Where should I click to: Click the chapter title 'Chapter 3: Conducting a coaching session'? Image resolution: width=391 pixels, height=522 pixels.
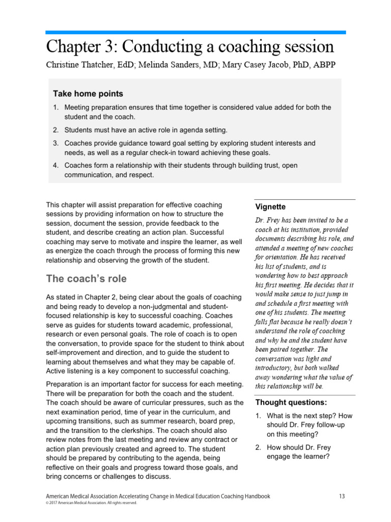[190, 47]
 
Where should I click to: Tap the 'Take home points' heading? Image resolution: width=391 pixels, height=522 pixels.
[88, 94]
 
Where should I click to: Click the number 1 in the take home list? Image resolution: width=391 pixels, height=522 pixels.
[56, 108]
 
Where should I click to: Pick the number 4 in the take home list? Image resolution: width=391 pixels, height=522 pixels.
[56, 166]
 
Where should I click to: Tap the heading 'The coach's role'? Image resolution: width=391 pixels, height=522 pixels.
[86, 279]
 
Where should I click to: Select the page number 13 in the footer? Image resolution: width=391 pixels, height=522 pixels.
[342, 496]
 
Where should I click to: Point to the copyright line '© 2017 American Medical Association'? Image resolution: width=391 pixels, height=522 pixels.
[91, 503]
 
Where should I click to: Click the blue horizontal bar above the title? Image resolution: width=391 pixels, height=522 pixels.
[195, 32]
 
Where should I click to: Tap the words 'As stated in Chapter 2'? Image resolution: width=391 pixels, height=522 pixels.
[85, 297]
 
